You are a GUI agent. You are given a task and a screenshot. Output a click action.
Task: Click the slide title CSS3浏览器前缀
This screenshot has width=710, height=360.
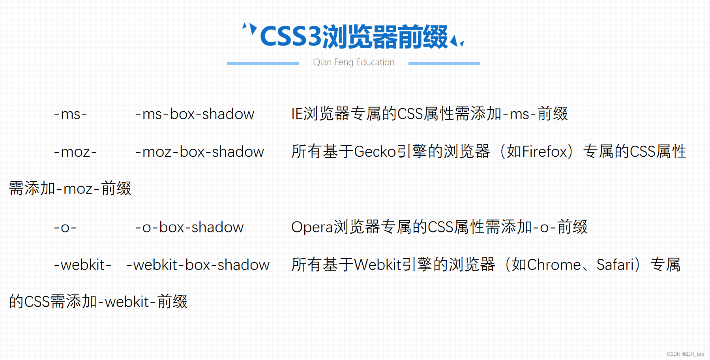point(354,37)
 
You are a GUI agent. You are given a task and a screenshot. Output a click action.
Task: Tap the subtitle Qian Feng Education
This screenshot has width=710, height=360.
point(354,62)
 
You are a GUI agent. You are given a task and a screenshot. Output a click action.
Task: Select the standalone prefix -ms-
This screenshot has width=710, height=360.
point(70,114)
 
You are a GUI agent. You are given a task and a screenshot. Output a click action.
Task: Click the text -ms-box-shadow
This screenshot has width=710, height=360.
point(195,114)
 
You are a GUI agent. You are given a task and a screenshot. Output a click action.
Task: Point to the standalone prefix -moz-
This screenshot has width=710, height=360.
point(75,152)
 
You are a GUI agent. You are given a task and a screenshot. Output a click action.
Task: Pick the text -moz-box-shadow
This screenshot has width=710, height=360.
point(199,152)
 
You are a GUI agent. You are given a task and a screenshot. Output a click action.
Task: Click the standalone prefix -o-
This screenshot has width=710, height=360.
point(65,227)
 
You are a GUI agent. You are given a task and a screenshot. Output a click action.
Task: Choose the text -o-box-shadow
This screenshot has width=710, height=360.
point(189,227)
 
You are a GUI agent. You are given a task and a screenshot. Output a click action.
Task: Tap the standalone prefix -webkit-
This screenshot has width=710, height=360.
point(82,265)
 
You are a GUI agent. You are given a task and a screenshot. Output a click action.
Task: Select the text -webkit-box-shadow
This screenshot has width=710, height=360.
point(198,265)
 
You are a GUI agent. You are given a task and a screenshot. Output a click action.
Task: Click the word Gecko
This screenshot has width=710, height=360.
point(375,152)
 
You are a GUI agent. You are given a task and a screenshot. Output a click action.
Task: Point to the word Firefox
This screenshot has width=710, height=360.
point(545,152)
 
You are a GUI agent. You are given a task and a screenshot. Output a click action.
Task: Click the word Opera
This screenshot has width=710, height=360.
point(312,227)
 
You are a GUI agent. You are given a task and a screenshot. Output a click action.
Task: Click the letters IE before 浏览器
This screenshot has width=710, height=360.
point(297,114)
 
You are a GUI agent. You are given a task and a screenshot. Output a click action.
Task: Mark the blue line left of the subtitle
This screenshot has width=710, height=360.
point(263,63)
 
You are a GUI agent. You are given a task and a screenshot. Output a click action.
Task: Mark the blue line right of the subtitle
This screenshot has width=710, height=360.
point(444,63)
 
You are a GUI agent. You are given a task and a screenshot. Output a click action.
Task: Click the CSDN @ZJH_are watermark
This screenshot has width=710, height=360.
point(685,354)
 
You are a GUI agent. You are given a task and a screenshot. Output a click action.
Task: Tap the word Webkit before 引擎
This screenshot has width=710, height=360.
point(378,265)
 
